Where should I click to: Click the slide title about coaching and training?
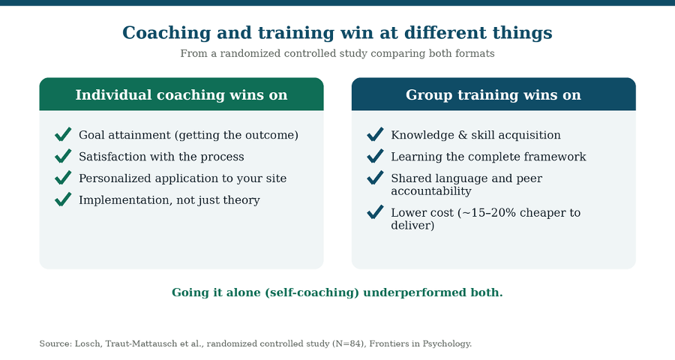click(x=337, y=33)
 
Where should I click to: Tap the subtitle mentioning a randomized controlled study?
click(x=337, y=53)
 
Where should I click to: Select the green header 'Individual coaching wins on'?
click(x=181, y=94)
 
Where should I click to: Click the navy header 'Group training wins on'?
click(x=493, y=94)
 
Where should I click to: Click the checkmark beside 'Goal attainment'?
click(x=63, y=134)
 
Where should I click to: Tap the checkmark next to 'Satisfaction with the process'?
click(x=63, y=156)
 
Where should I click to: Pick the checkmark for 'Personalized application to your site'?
click(x=63, y=178)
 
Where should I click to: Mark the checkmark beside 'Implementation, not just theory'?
click(x=63, y=199)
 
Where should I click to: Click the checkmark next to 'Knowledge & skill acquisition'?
click(x=375, y=134)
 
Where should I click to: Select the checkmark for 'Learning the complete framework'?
click(x=375, y=156)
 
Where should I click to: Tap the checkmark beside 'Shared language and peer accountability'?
click(x=375, y=178)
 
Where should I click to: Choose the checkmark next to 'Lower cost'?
click(x=375, y=211)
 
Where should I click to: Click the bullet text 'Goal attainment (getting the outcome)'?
click(x=188, y=135)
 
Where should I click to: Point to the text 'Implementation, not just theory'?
click(x=169, y=200)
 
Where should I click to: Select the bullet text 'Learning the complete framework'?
click(x=488, y=157)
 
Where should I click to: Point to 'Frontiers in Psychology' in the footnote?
click(x=420, y=343)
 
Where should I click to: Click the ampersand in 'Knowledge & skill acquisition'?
click(x=463, y=135)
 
